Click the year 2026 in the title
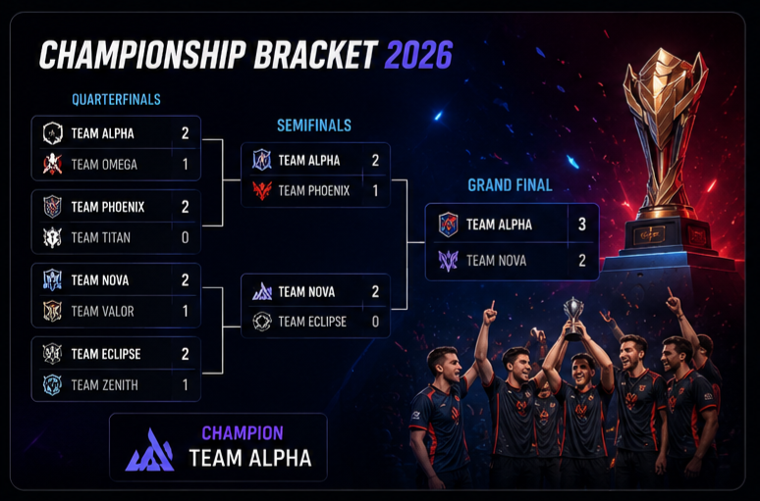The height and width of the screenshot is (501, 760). point(418,55)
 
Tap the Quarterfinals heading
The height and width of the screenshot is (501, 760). point(116,100)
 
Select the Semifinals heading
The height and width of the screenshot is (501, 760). point(314,125)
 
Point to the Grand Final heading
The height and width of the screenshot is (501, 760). point(510,185)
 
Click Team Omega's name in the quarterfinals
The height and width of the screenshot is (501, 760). point(104,165)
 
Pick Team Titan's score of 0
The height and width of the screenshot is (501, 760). point(186,237)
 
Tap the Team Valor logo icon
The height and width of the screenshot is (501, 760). point(52,311)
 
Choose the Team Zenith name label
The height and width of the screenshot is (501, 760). point(105,385)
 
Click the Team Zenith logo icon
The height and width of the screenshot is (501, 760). point(52,385)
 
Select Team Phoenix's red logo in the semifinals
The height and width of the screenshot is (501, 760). point(262,191)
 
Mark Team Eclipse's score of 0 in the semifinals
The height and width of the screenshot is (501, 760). point(375,322)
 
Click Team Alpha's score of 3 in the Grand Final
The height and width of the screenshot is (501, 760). point(582,225)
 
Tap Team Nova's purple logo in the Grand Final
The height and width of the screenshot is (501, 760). point(449,261)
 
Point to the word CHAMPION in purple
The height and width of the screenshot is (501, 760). point(243,433)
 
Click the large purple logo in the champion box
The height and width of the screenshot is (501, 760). point(150,450)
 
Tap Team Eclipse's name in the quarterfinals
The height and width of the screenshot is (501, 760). point(106,354)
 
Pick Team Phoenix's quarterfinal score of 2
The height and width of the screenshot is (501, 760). point(186,207)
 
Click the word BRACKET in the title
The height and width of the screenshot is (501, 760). point(315,55)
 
